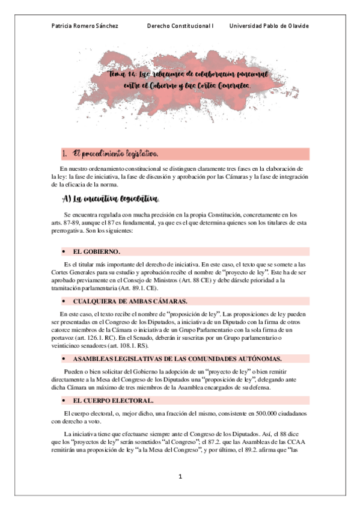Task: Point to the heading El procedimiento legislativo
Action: coord(115,153)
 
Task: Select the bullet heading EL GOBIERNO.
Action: coord(97,251)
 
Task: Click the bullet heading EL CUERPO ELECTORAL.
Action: coord(113,400)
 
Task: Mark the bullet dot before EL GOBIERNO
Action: coord(63,251)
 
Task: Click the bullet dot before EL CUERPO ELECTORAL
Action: coord(63,400)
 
